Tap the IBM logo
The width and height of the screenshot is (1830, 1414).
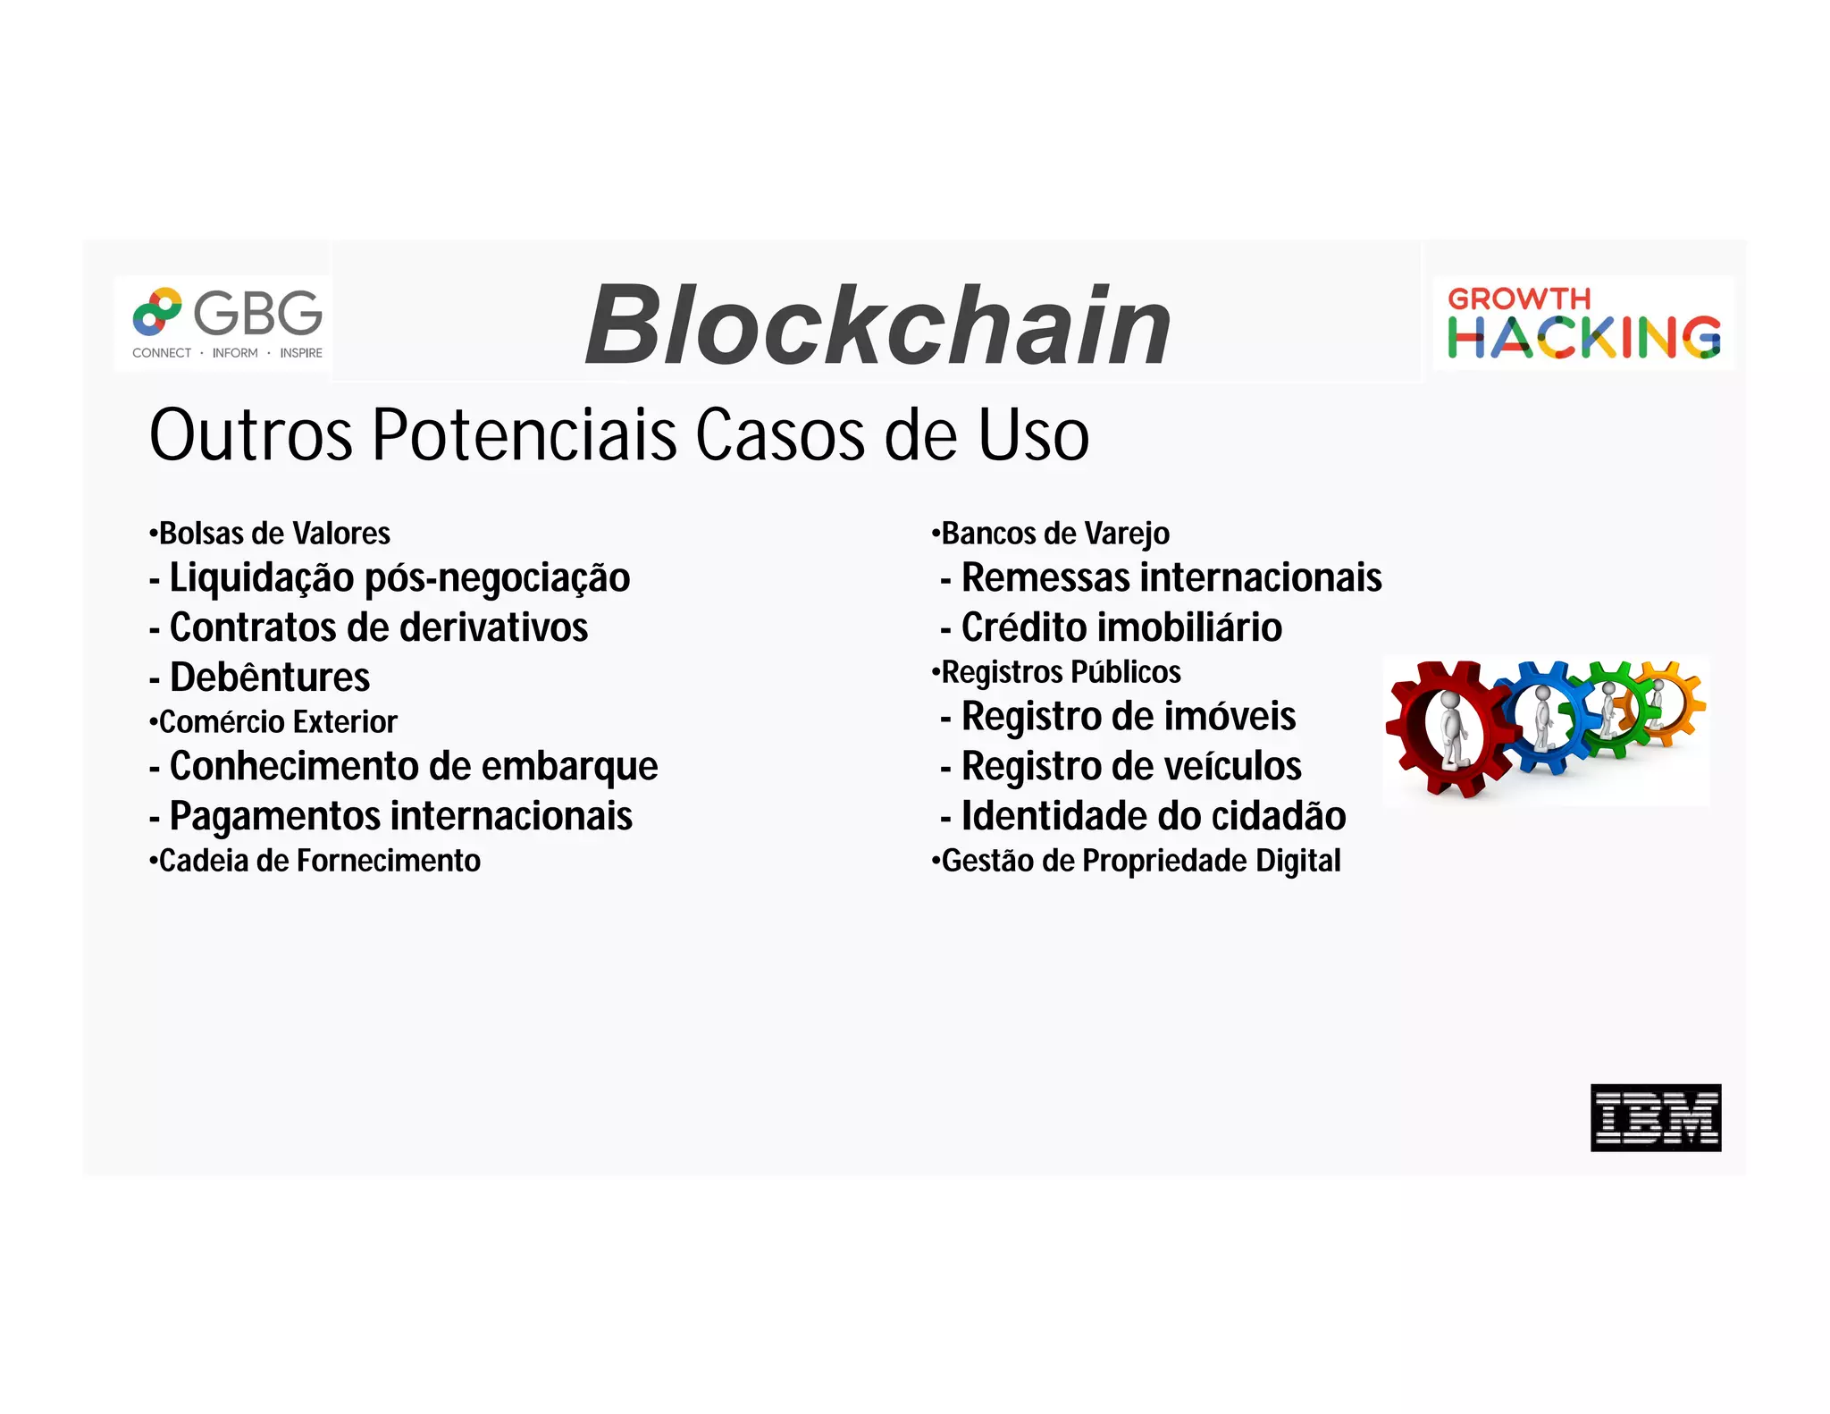(x=1655, y=1117)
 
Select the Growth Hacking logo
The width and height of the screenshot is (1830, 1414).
(x=1582, y=323)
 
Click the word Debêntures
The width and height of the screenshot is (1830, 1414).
(x=269, y=678)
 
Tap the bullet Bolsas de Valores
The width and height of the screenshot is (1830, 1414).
(x=270, y=534)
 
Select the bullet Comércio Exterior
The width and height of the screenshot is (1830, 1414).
(x=273, y=721)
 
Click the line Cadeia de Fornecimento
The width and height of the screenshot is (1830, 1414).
(x=315, y=861)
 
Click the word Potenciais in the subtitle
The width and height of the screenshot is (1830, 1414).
(x=525, y=435)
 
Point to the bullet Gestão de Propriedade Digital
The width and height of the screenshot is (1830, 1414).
(x=1137, y=861)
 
